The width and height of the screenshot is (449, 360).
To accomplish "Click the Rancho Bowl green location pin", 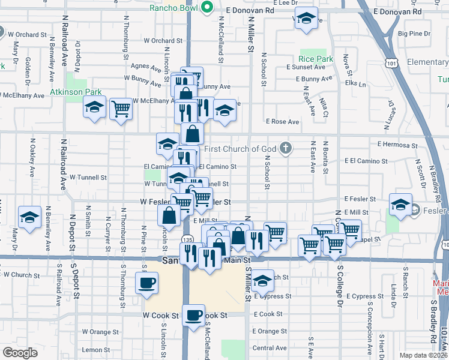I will (208, 8).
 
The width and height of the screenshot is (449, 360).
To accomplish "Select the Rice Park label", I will (316, 59).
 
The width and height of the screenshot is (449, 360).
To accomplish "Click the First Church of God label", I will (241, 149).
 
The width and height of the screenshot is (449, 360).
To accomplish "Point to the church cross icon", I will (286, 148).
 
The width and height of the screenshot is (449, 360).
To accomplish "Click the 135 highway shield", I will (188, 239).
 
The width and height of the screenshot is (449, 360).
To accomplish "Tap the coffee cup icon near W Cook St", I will (193, 315).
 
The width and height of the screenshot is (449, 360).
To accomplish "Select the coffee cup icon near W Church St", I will (147, 283).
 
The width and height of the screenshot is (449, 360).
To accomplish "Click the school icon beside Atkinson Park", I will (94, 107).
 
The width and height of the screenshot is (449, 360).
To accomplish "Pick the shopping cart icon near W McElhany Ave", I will (121, 109).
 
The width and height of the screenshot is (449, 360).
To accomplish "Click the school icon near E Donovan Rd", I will (306, 18).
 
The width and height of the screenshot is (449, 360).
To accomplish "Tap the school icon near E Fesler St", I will (400, 205).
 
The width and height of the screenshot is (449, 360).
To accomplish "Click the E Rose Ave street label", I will (285, 122).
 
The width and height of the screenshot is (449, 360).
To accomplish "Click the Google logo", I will (20, 353).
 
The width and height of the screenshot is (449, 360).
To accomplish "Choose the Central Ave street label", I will (270, 348).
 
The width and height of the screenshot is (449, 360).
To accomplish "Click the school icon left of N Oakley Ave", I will (29, 218).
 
